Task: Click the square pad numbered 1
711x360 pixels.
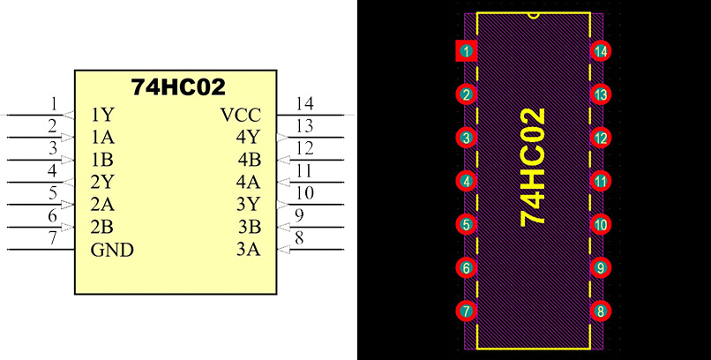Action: (x=466, y=51)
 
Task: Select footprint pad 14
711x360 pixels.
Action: (x=601, y=51)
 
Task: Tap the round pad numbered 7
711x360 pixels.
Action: (x=466, y=311)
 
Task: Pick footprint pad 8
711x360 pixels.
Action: (x=601, y=311)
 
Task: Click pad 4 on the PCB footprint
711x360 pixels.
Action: (x=466, y=181)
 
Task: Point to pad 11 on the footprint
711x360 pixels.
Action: (x=601, y=181)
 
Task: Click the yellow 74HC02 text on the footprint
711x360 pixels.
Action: (x=533, y=168)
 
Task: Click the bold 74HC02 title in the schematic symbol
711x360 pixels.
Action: (x=178, y=86)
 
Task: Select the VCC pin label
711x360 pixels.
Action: (x=240, y=115)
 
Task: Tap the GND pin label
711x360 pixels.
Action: (x=112, y=250)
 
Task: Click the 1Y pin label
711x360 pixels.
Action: (x=101, y=115)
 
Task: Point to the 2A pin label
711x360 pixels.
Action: (x=101, y=205)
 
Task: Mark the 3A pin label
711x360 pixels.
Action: (x=248, y=250)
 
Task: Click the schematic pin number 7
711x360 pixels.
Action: (x=53, y=237)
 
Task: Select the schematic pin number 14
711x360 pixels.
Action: (x=304, y=102)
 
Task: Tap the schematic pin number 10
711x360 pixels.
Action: (x=304, y=192)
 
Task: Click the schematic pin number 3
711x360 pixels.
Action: (x=53, y=147)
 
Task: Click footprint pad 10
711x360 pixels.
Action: (x=601, y=224)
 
